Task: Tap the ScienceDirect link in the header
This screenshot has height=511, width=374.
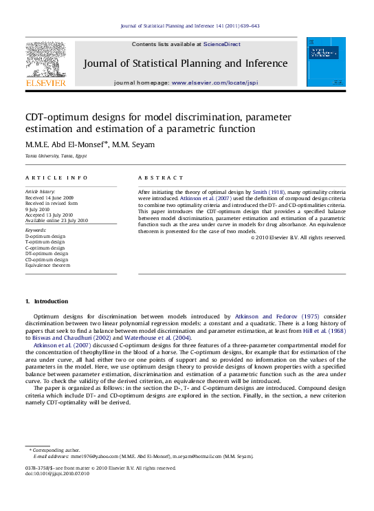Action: [222, 43]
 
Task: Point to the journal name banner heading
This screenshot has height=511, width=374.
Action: [186, 63]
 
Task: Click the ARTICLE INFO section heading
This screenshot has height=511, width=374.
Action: [47, 177]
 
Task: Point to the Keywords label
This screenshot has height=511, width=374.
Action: [35, 230]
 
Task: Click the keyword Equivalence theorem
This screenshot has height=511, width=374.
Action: [47, 265]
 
